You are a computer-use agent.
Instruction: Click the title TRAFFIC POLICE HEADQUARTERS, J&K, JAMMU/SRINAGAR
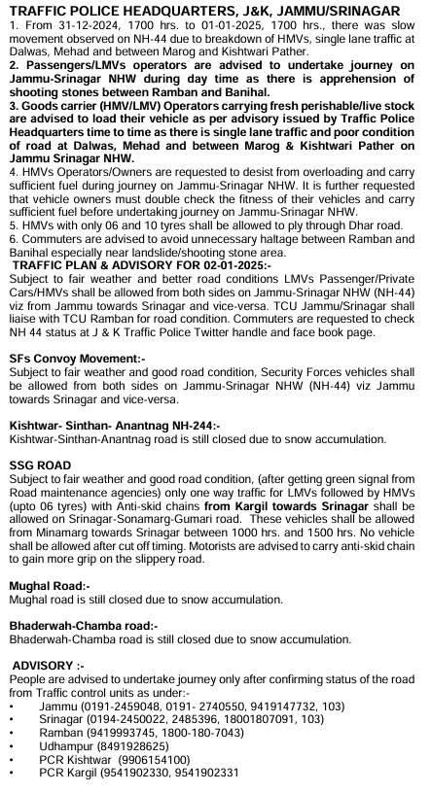pyautogui.click(x=215, y=9)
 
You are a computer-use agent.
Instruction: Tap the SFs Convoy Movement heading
pyautogui.click(x=77, y=359)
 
